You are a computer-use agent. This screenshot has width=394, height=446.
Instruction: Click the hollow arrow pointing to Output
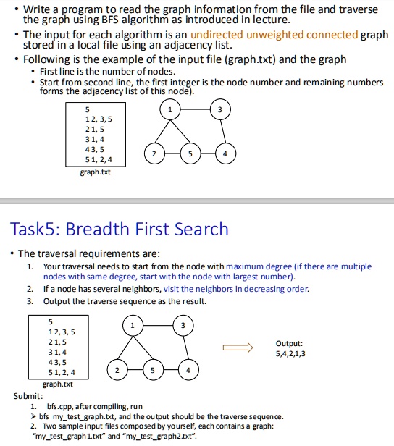238,348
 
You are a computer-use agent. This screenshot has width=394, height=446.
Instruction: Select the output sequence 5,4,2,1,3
290,354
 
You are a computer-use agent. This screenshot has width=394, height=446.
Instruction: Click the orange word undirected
217,35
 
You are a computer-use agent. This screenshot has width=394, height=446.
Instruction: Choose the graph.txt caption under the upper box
96,172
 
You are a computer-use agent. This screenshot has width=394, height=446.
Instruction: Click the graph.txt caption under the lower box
58,384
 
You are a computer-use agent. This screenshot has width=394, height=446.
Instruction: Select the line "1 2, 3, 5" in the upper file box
98,119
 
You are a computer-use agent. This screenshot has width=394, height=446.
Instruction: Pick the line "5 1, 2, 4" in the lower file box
62,372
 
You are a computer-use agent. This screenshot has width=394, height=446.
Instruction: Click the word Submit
28,396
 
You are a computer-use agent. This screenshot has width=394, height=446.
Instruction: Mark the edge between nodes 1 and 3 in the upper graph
195,109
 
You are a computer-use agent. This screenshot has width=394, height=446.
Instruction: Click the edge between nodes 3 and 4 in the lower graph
185,348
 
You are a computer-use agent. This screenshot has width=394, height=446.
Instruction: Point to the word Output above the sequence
289,344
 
